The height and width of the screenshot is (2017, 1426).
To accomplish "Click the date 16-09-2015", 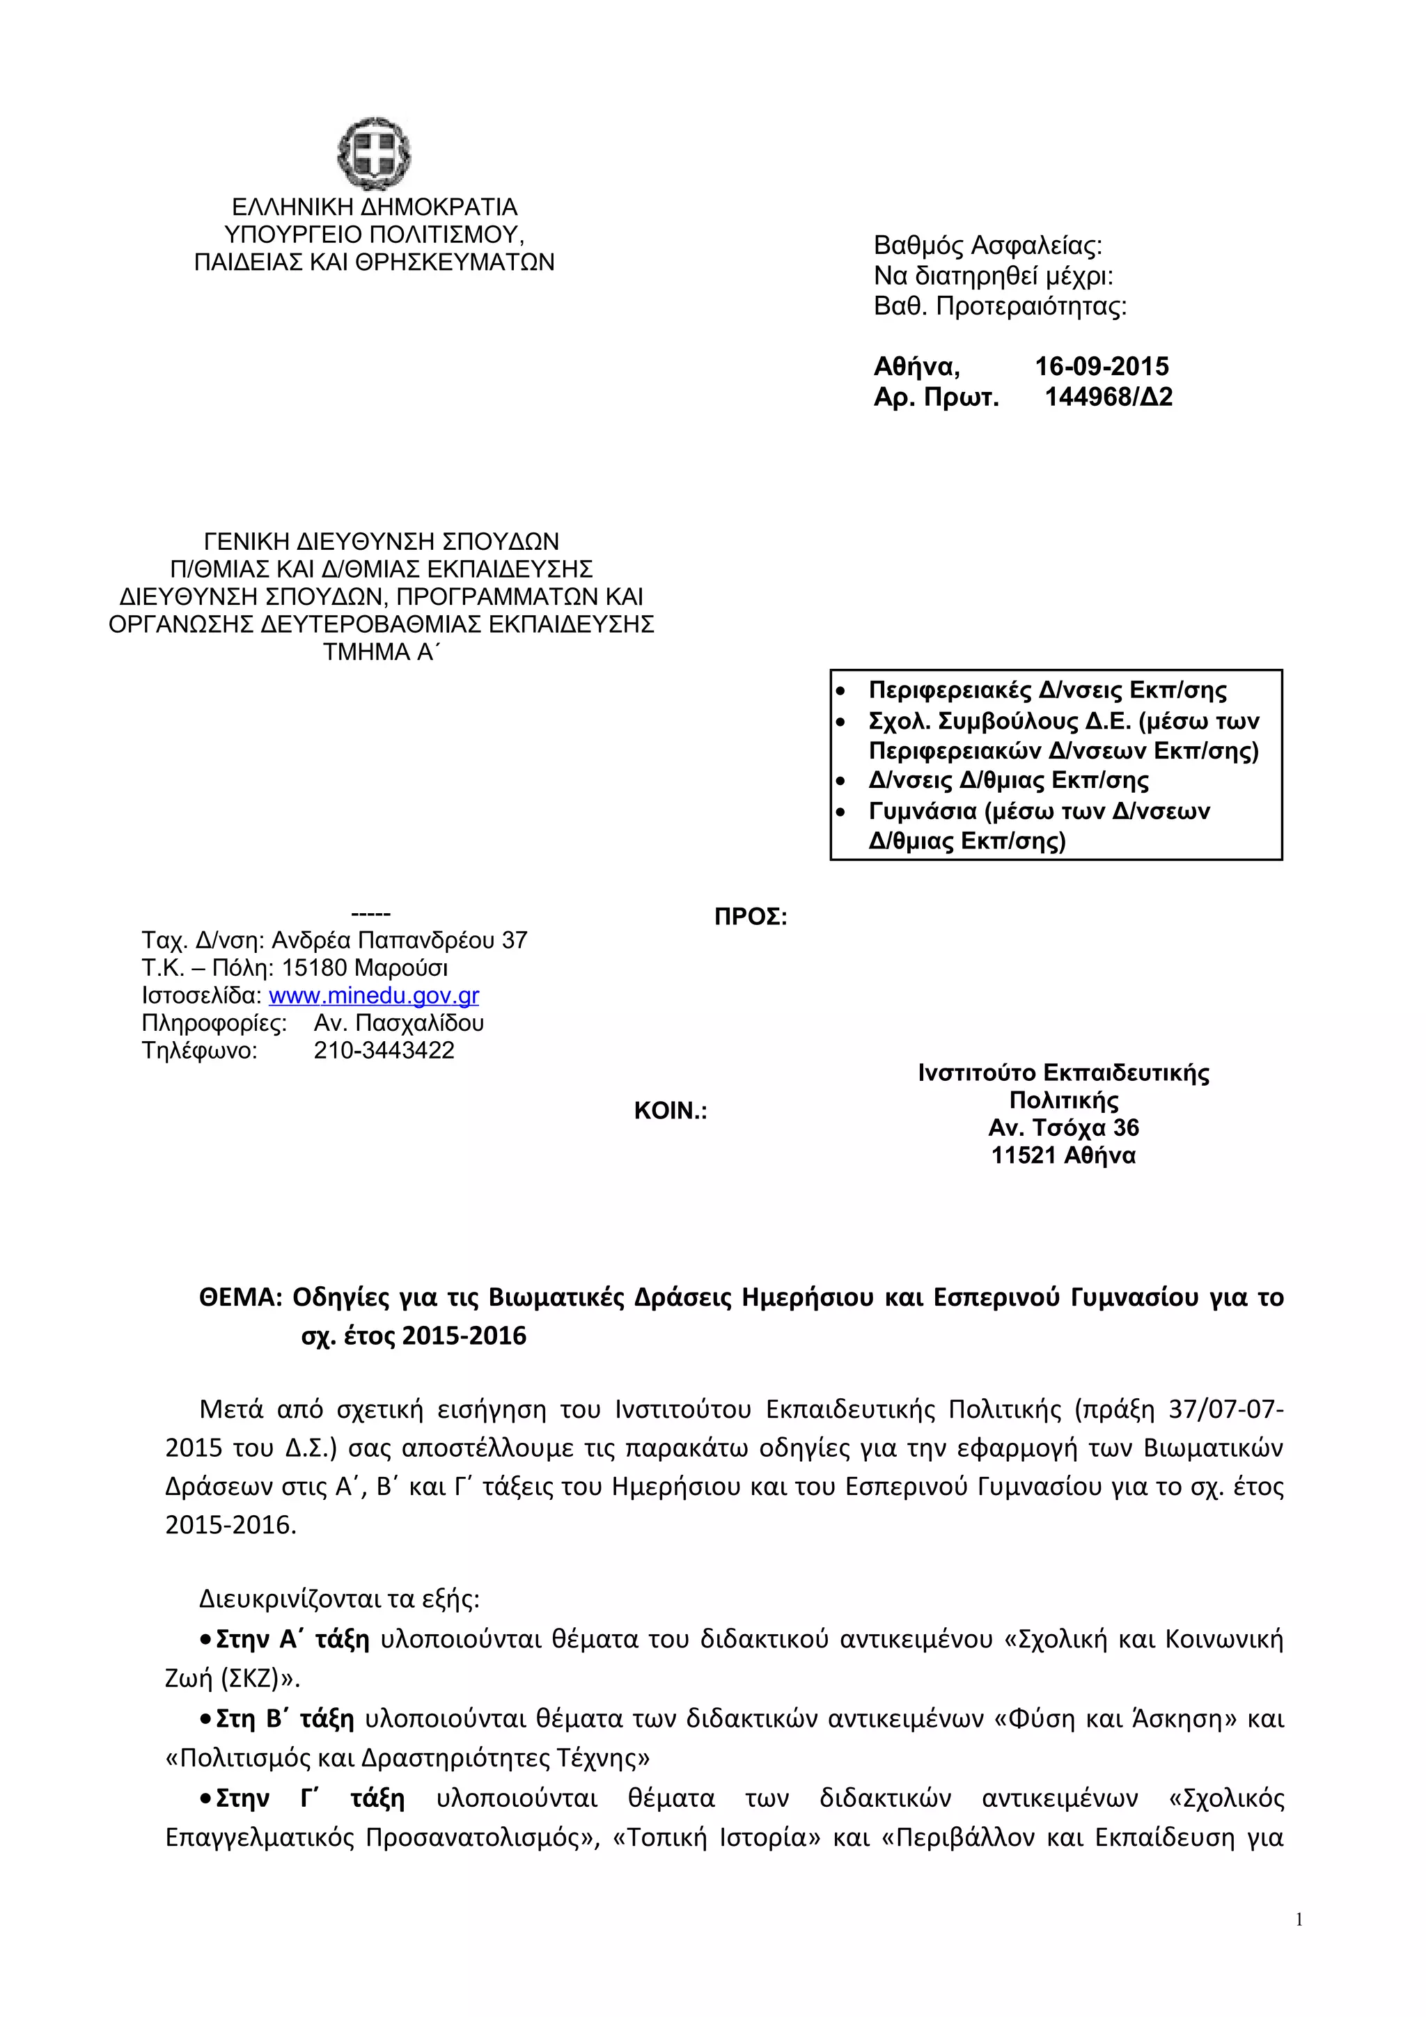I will click(1101, 366).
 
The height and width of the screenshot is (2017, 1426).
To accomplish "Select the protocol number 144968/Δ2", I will click(1108, 397).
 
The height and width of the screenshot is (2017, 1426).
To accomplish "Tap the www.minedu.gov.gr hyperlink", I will click(373, 995).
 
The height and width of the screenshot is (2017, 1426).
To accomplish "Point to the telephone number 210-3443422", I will click(384, 1051).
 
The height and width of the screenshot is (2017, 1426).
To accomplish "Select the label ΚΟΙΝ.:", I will click(671, 1112).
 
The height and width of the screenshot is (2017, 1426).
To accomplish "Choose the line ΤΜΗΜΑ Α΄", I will click(379, 652).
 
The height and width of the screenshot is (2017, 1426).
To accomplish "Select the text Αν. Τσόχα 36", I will click(1063, 1128).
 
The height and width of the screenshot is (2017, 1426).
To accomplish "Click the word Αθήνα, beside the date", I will click(916, 366).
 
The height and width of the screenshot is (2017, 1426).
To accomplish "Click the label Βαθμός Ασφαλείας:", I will click(987, 245).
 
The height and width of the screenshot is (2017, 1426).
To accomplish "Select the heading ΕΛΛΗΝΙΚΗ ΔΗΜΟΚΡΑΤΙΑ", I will click(375, 207).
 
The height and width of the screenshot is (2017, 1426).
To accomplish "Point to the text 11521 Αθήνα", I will click(1063, 1155).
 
